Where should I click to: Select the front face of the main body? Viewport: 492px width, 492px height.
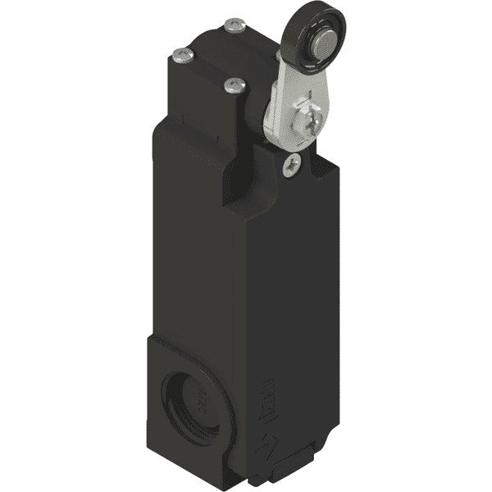click(197, 246)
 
